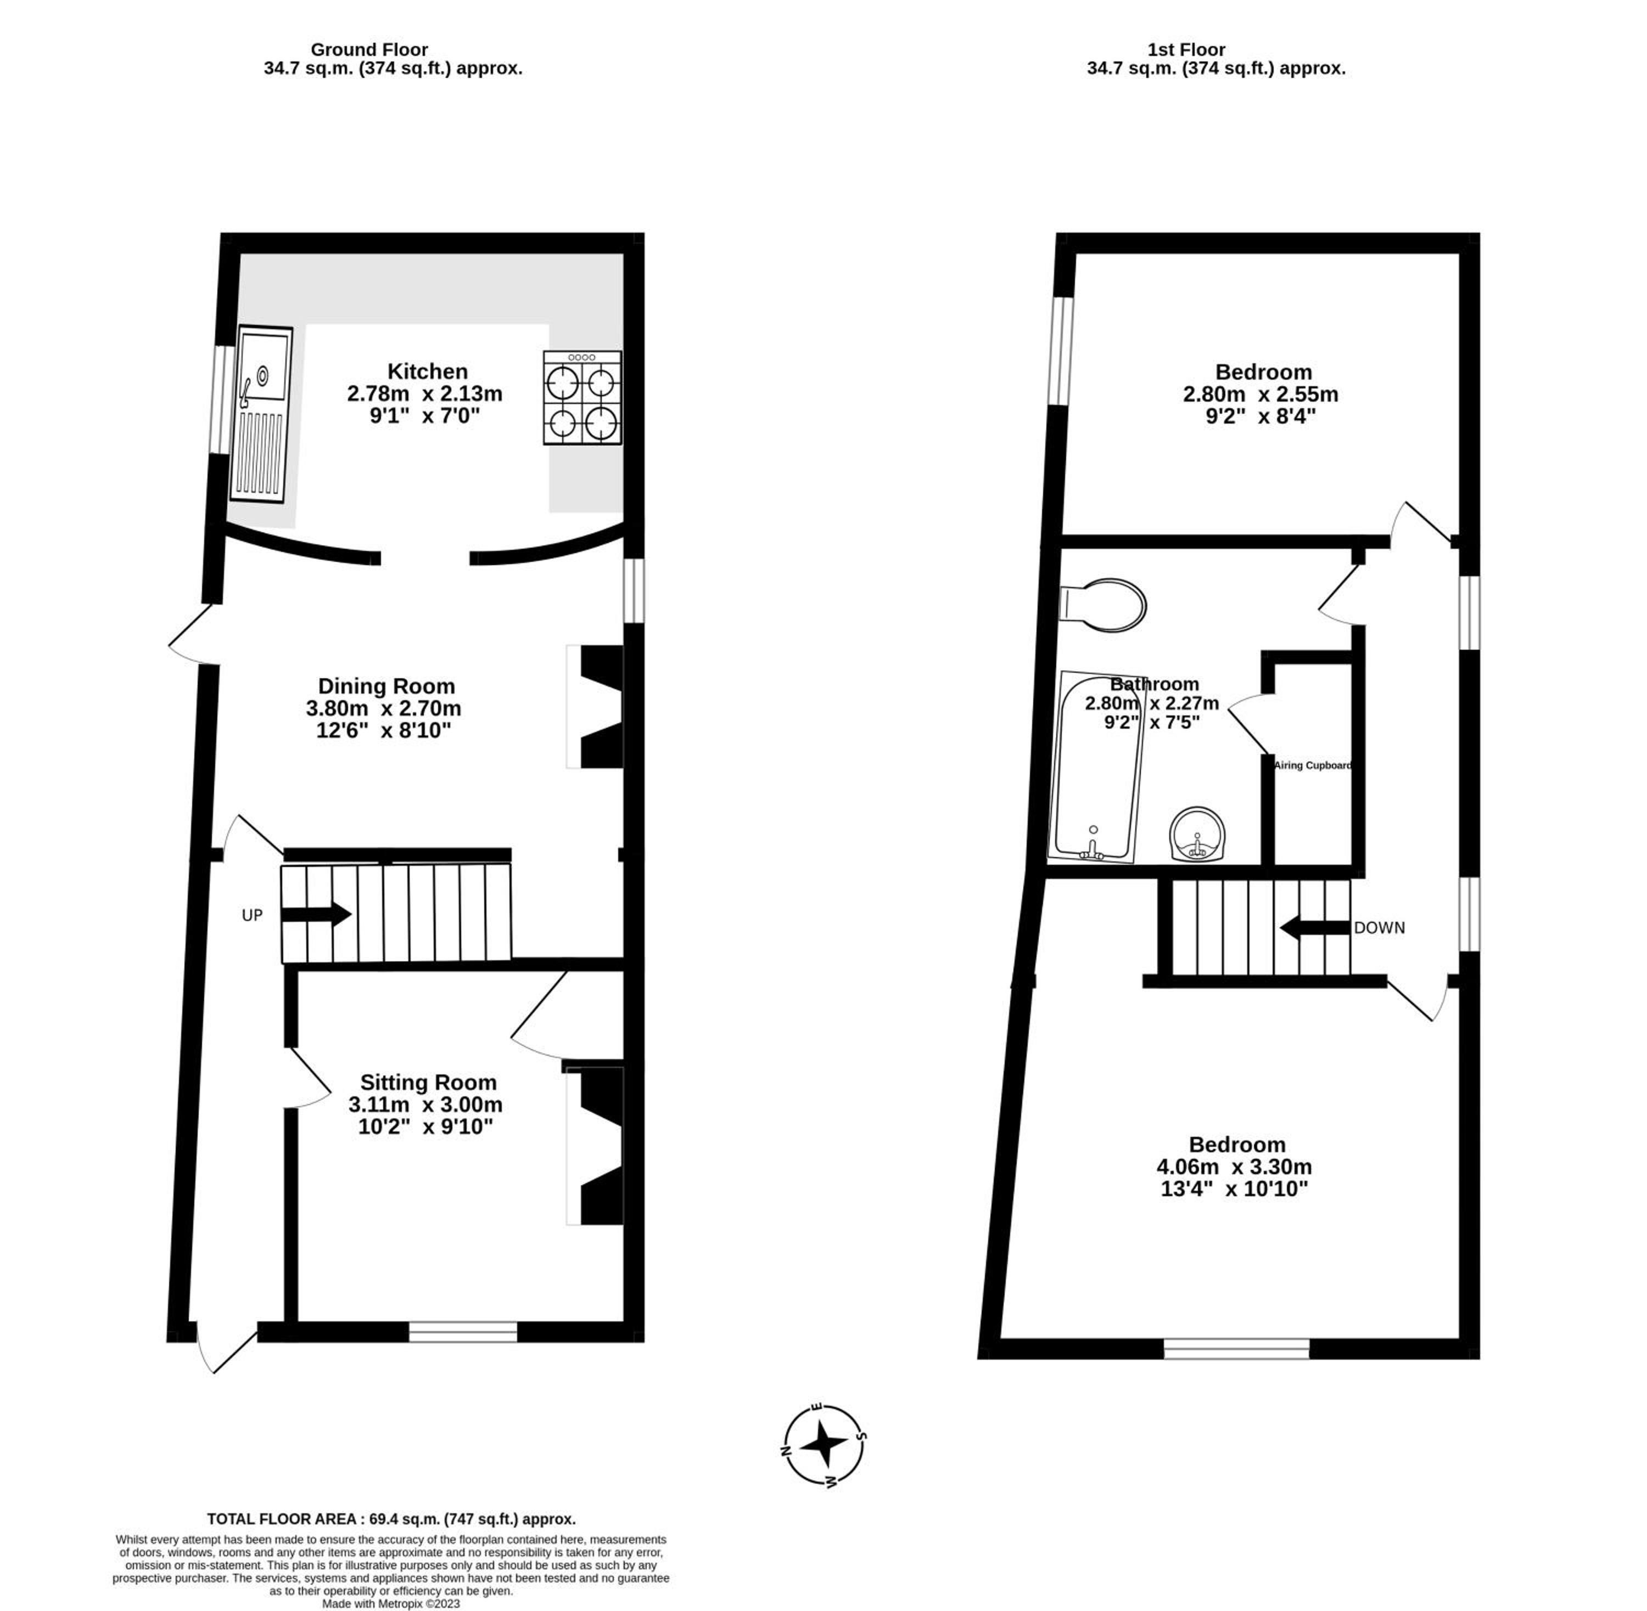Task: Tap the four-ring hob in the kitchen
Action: pos(582,398)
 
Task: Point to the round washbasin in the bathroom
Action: pos(1197,833)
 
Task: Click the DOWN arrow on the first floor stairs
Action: pos(1314,927)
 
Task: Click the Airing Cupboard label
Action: pos(1313,766)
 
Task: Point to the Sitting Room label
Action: pos(428,1082)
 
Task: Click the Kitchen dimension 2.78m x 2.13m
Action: pos(425,393)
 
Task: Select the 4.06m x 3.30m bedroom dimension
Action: pos(1234,1167)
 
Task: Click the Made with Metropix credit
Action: pos(391,1603)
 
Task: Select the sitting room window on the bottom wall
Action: pos(463,1332)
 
